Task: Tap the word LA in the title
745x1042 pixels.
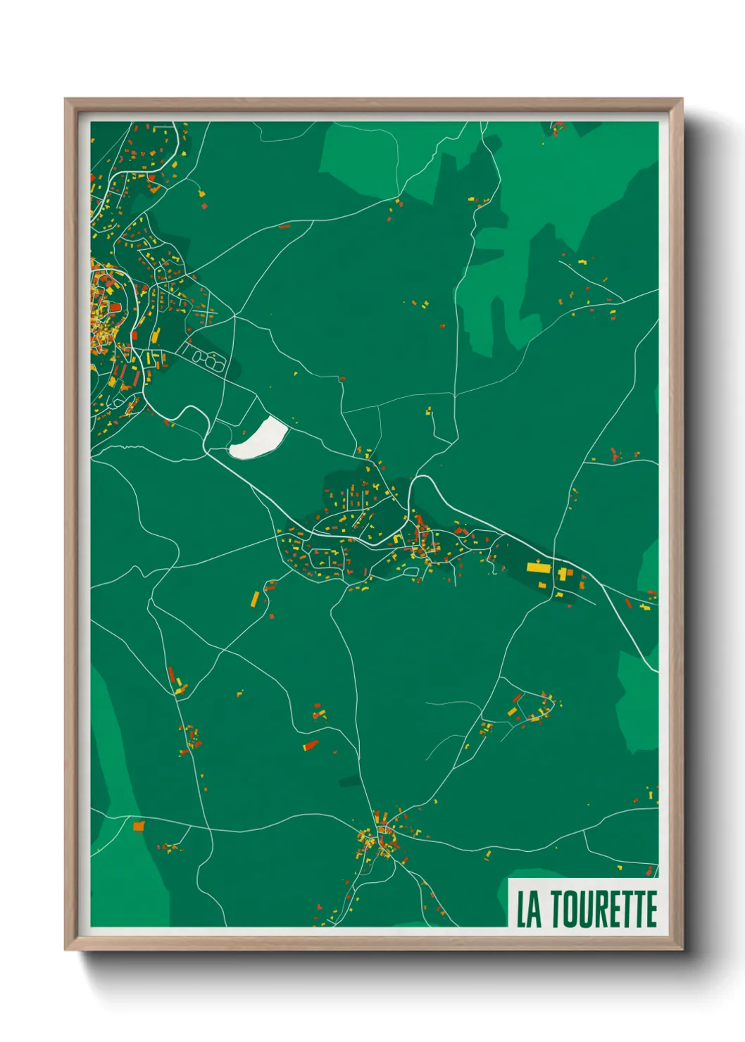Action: [530, 909]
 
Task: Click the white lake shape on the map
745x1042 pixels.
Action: [259, 438]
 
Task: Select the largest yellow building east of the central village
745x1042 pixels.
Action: [539, 566]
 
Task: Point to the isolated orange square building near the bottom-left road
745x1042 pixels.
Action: [138, 825]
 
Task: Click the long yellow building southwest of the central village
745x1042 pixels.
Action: [255, 599]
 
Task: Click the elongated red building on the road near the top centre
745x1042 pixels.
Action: [284, 227]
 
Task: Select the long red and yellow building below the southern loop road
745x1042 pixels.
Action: [311, 745]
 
